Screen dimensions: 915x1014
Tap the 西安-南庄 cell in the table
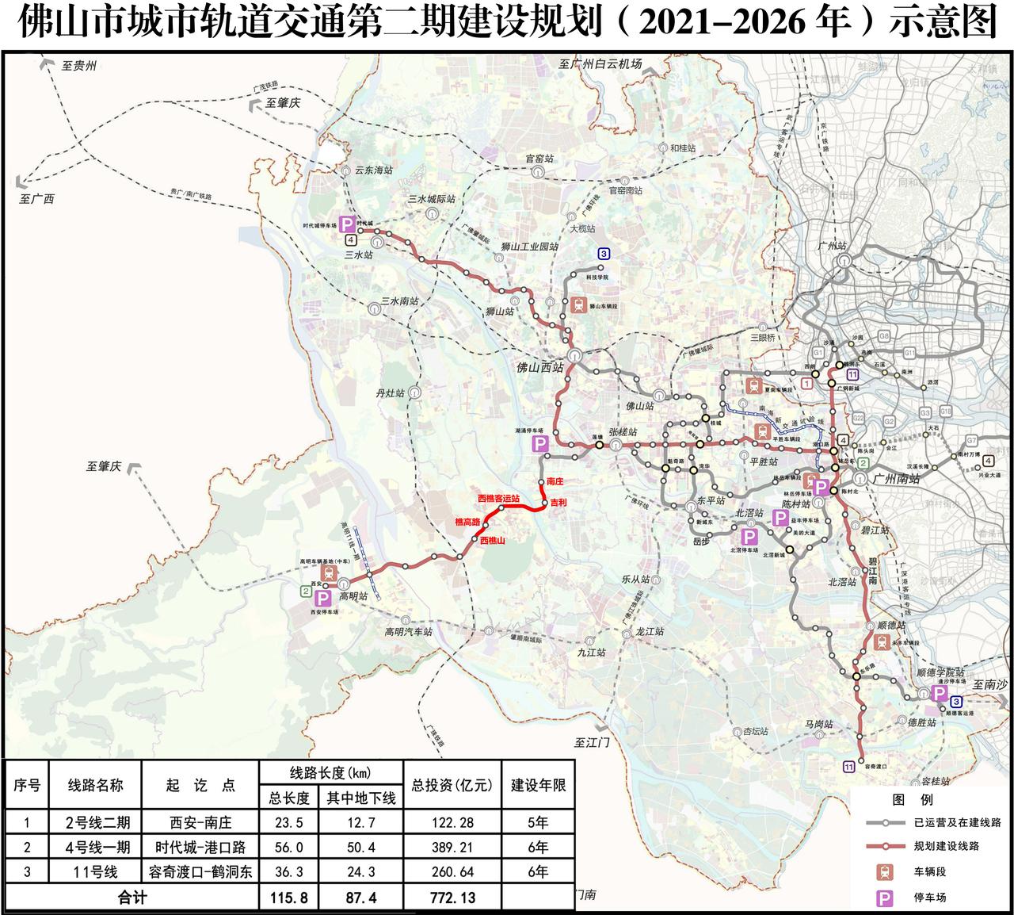click(x=201, y=822)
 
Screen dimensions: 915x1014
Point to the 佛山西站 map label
click(x=539, y=367)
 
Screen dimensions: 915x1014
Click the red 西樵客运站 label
click(x=499, y=499)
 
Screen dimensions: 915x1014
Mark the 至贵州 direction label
click(x=78, y=67)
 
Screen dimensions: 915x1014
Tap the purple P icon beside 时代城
click(x=346, y=225)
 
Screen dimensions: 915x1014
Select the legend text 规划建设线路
click(x=946, y=846)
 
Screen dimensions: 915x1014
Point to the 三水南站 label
click(x=398, y=301)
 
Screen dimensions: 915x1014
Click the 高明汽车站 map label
click(x=409, y=632)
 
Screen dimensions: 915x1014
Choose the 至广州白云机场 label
click(x=600, y=63)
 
